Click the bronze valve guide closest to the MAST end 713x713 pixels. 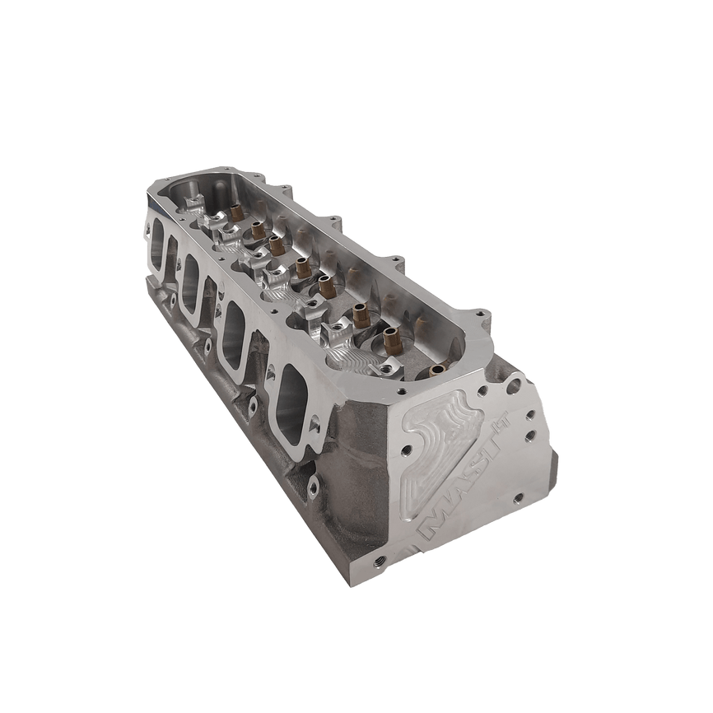[x=390, y=338]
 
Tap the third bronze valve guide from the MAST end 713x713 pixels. [x=325, y=285]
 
